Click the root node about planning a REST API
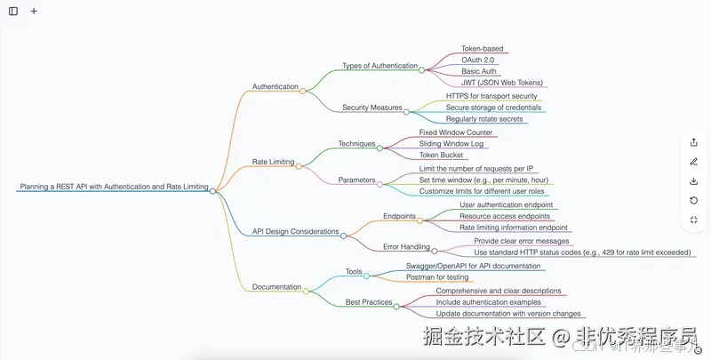[x=113, y=188]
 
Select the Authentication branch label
[x=276, y=87]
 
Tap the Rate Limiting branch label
[x=274, y=163]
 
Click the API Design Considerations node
[x=295, y=231]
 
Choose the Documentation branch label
[x=276, y=287]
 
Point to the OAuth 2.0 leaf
[x=478, y=60]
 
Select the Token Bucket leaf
[x=442, y=155]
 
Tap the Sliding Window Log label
[x=451, y=143]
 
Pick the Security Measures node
[x=372, y=108]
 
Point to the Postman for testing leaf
[x=437, y=277]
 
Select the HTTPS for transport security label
[x=491, y=96]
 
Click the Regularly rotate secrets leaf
[x=484, y=118]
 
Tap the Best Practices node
[x=369, y=302]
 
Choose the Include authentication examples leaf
[x=488, y=302]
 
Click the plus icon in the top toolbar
[x=34, y=12]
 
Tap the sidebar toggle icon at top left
[x=13, y=12]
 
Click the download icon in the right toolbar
[x=693, y=181]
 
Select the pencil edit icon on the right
[x=693, y=162]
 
